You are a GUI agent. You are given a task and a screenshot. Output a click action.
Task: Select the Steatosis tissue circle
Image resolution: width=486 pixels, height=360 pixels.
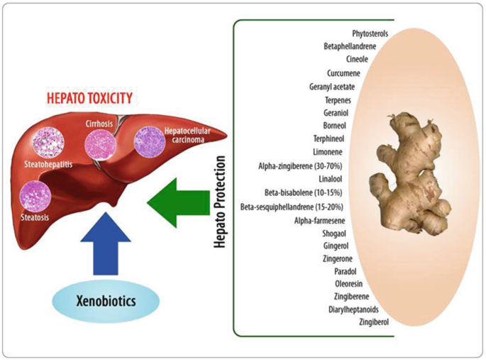pyautogui.click(x=35, y=195)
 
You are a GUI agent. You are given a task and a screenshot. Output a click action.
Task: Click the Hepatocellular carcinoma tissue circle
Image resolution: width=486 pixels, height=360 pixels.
pyautogui.click(x=149, y=141)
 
